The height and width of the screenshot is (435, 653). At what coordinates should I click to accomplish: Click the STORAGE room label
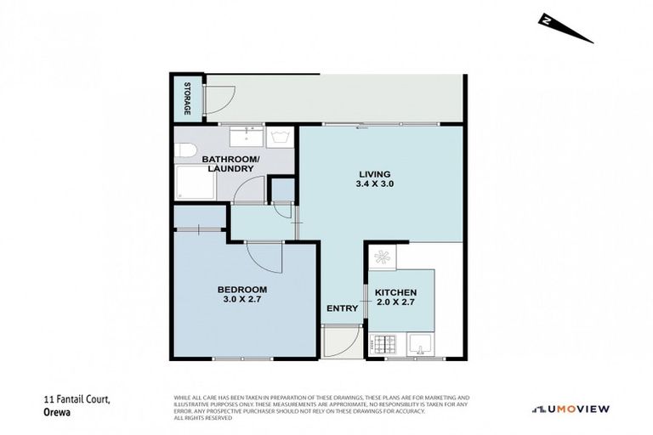click(187, 99)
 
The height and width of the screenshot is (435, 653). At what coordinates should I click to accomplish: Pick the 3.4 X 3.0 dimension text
click(374, 184)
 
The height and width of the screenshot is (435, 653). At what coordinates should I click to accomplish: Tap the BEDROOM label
click(242, 289)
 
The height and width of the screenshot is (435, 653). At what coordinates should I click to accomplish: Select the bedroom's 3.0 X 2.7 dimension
click(242, 300)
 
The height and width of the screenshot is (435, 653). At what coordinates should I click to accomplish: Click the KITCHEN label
click(396, 292)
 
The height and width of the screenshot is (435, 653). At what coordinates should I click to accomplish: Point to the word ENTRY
click(342, 308)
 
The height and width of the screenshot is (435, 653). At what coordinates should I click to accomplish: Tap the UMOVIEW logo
click(571, 409)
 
